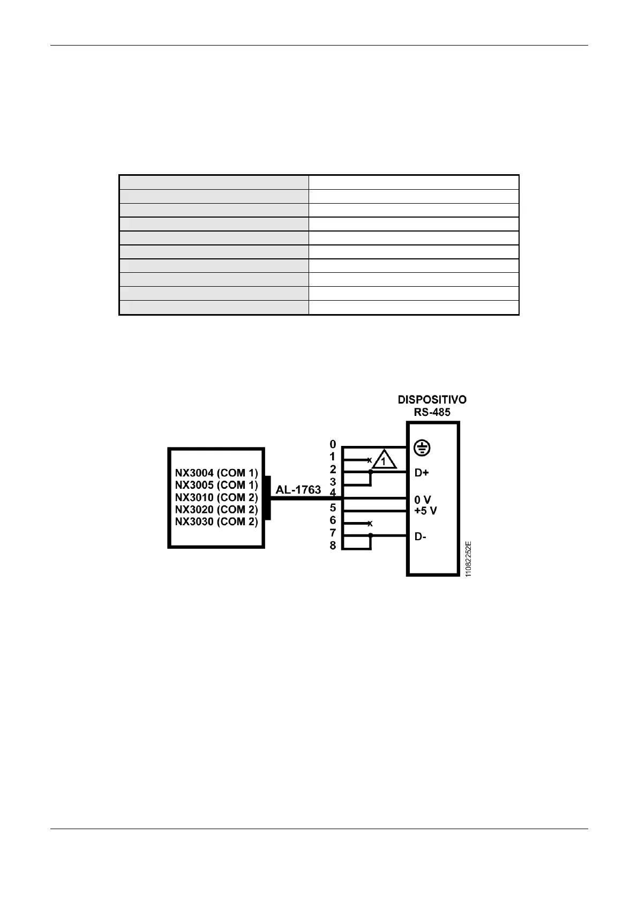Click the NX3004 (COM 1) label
tap(216, 473)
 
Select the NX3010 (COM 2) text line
tap(216, 497)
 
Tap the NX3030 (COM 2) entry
tap(216, 522)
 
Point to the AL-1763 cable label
tap(298, 490)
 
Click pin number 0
tap(333, 444)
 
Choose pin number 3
tap(333, 482)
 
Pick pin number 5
tap(333, 507)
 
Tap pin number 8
tap(333, 546)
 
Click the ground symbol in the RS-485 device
tap(423, 449)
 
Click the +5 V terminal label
tap(426, 511)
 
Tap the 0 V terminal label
tap(423, 500)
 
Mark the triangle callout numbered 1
tap(384, 461)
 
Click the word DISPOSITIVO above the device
tap(432, 400)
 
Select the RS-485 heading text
tap(432, 412)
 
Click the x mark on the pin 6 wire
tap(370, 524)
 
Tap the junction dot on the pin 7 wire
tap(370, 535)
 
